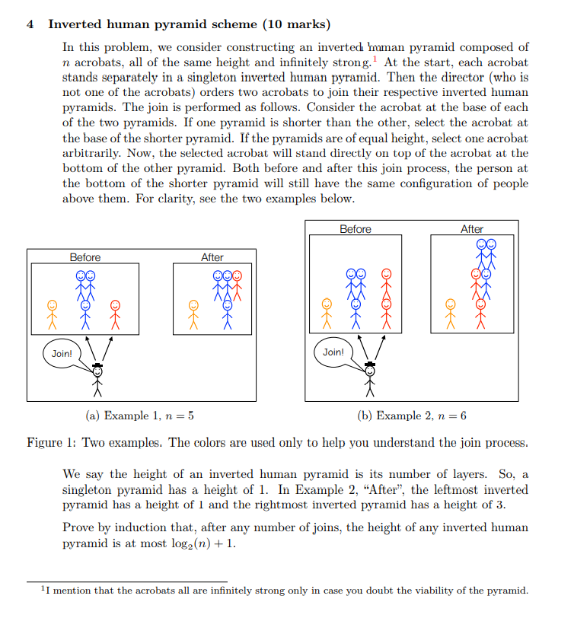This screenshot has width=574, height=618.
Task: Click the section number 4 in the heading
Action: (30, 24)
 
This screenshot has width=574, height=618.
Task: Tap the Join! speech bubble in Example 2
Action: (333, 352)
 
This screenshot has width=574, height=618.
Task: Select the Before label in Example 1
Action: (85, 257)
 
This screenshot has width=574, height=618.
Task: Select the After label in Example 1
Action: (212, 257)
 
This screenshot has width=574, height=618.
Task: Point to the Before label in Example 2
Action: (356, 229)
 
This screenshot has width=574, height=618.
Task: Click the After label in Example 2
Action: (472, 229)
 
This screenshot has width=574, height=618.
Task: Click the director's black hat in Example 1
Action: (97, 366)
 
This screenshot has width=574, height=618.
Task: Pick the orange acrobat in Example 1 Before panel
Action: (53, 313)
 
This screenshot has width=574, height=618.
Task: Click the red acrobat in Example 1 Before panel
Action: (116, 313)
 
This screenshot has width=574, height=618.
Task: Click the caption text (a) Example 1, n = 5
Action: (141, 416)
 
